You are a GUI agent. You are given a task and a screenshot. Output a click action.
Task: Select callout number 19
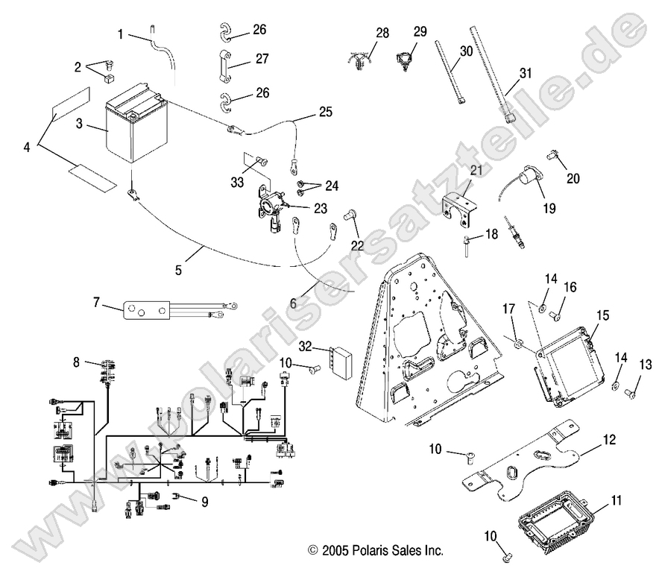[x=549, y=209]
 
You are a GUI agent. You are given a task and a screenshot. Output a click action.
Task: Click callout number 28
[x=382, y=34]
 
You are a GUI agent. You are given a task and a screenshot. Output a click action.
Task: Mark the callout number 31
[x=526, y=73]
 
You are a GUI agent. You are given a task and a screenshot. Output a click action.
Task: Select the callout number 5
[x=179, y=270]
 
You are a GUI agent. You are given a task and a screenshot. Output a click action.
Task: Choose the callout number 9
[x=204, y=502]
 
